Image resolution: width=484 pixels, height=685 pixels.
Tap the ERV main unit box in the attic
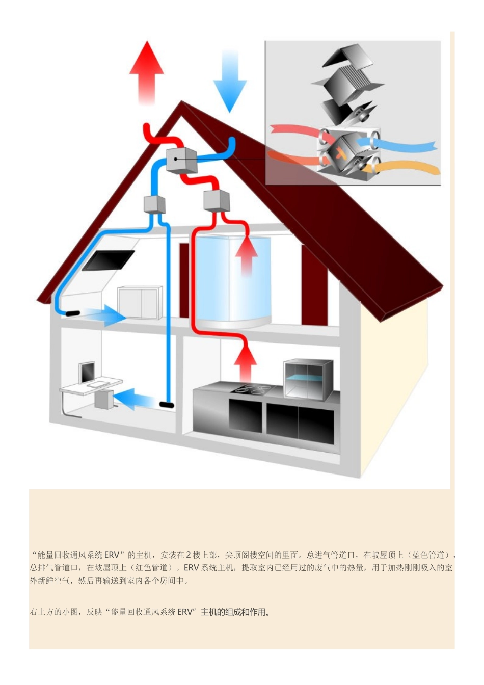click(x=181, y=160)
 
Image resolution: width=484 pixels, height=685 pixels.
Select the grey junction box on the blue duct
click(x=154, y=204)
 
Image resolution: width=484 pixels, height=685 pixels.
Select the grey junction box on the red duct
click(x=217, y=200)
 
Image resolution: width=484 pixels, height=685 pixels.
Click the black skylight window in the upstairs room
click(x=108, y=260)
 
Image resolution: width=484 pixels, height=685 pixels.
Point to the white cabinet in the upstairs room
click(x=140, y=303)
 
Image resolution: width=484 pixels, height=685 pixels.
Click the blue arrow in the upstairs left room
click(x=106, y=315)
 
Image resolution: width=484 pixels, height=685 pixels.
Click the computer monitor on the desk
click(x=87, y=372)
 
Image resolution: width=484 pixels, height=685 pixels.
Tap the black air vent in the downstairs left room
click(x=167, y=405)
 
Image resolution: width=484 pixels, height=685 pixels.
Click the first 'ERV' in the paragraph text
click(x=112, y=555)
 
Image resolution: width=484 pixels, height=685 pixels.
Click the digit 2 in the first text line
click(x=189, y=555)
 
